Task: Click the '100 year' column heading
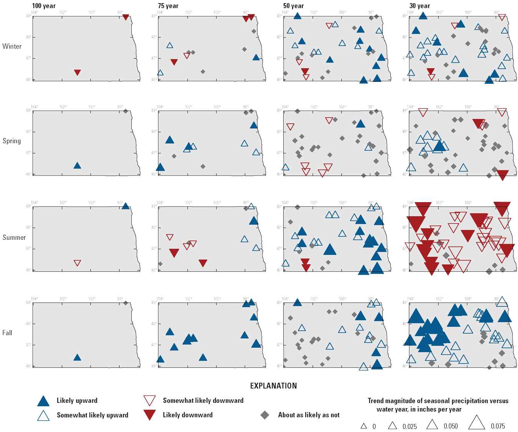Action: [44, 6]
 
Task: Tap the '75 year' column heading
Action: [168, 6]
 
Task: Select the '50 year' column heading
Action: [294, 6]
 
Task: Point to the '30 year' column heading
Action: [420, 6]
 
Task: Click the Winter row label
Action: [12, 47]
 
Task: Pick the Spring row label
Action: [12, 141]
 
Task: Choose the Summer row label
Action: [14, 238]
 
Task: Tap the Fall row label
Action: [7, 333]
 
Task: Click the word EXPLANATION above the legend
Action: [273, 386]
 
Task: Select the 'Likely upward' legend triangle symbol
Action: [43, 401]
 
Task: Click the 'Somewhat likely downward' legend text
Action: [203, 400]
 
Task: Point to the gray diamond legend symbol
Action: [264, 415]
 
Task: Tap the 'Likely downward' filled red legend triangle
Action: [149, 414]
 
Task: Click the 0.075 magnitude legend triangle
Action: [476, 423]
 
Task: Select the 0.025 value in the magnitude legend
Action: [410, 427]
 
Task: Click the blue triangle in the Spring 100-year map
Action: [77, 166]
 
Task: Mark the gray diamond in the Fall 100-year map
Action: [125, 303]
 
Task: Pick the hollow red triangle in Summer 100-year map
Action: [77, 263]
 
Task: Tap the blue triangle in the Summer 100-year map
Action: [125, 206]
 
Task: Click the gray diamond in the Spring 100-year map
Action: [125, 111]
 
